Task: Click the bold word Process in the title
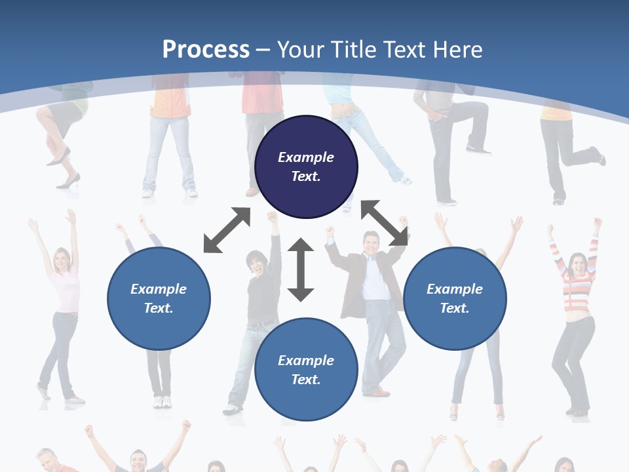click(206, 50)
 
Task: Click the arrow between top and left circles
click(227, 230)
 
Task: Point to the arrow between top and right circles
click(385, 224)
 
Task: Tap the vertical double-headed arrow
click(301, 269)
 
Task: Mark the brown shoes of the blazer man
click(377, 392)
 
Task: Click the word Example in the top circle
click(306, 157)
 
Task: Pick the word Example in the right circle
click(455, 289)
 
